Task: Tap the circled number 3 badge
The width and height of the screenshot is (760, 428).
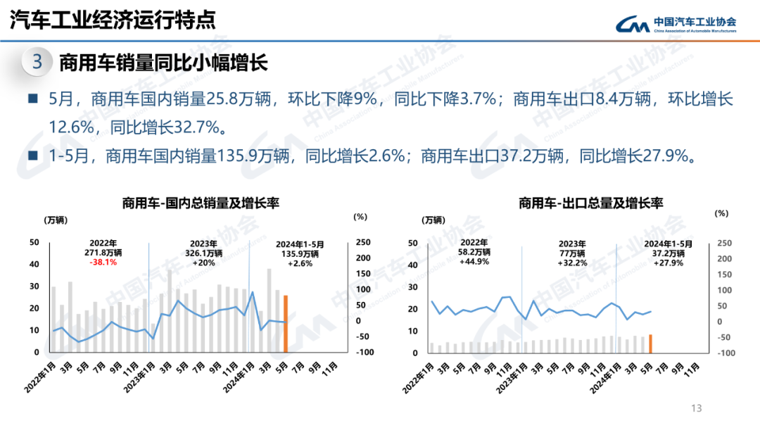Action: [x=37, y=62]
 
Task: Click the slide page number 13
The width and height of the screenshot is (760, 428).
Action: [x=697, y=408]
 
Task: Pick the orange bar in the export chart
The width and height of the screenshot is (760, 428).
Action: [x=650, y=343]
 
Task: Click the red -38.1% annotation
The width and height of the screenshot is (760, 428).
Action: [x=103, y=262]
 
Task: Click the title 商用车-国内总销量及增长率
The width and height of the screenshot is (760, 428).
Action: [x=201, y=203]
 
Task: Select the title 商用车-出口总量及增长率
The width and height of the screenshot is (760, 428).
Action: [x=591, y=203]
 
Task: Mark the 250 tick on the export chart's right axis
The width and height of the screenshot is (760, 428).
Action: [x=724, y=242]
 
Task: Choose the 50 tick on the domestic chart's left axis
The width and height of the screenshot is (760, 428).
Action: [x=34, y=242]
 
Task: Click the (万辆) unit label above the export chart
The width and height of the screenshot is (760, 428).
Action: [x=433, y=220]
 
